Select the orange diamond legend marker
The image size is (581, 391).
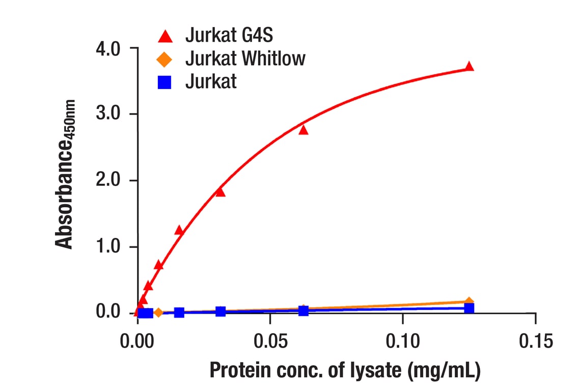coord(164,59)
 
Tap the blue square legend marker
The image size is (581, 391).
coord(164,82)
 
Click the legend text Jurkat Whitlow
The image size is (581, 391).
coord(245,59)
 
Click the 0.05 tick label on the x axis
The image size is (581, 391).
coord(270,341)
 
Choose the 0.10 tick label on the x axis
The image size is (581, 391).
coord(403,341)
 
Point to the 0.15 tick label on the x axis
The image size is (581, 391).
coord(535,341)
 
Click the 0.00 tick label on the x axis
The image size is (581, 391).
coord(138,341)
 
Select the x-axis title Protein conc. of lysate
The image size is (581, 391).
coord(345,371)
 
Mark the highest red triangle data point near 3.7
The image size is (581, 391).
coord(469,67)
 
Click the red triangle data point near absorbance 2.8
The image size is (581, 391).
coord(303,130)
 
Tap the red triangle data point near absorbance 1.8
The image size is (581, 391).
coord(220,192)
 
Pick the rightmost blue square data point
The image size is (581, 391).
coord(469,308)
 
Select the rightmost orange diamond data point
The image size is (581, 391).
coord(469,302)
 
